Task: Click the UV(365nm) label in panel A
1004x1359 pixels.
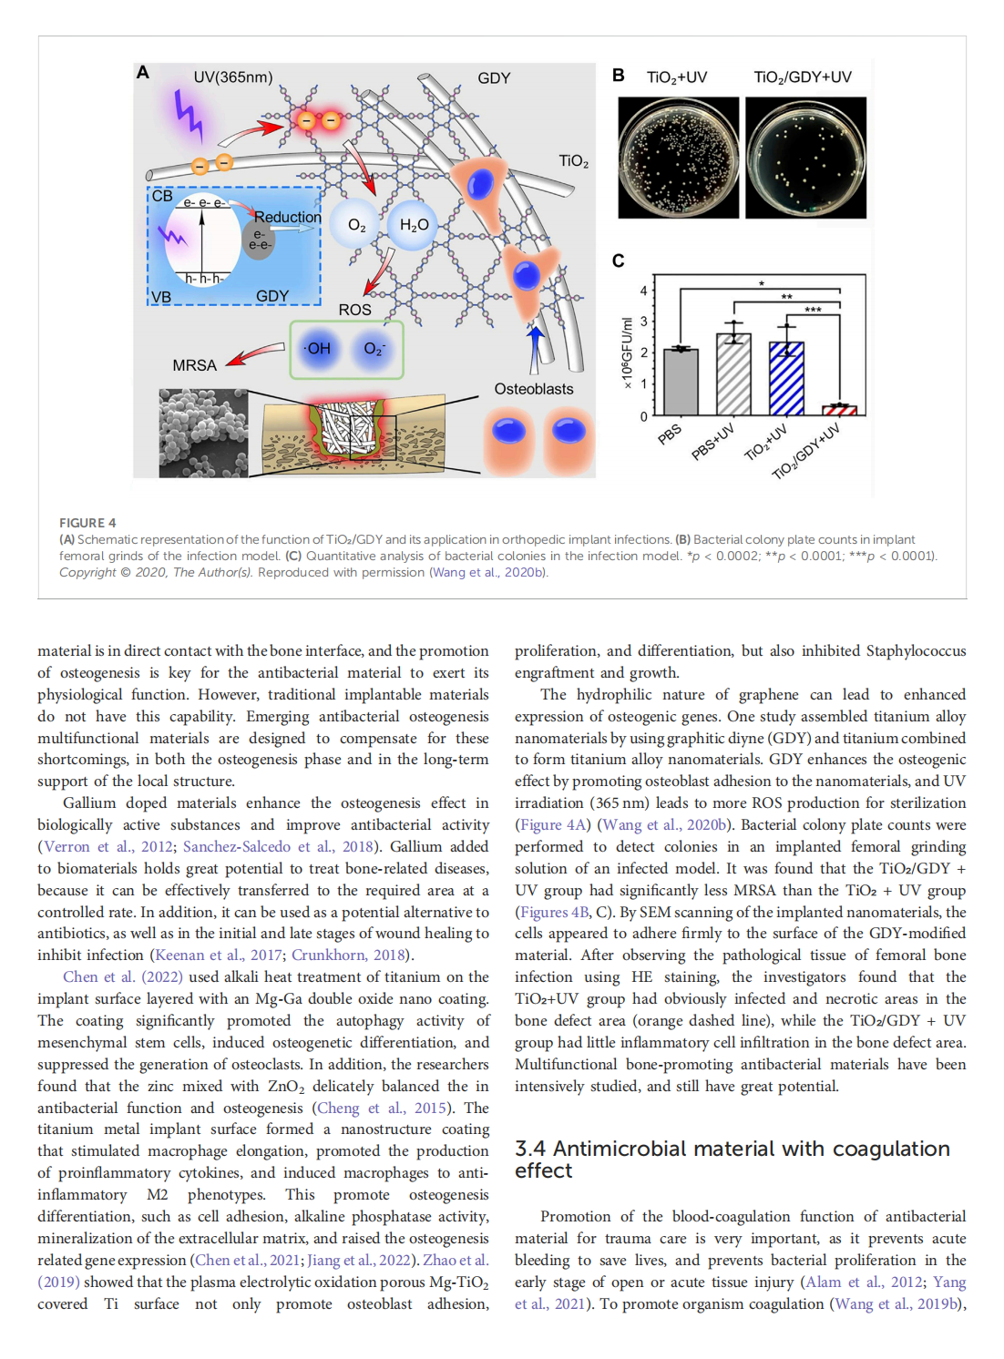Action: click(232, 77)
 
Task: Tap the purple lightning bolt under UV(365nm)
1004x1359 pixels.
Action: click(189, 115)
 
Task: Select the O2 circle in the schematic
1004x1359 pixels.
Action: click(356, 225)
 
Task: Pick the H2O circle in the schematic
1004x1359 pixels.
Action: click(413, 225)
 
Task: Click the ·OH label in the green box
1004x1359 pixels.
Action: click(318, 348)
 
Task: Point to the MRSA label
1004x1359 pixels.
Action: click(194, 365)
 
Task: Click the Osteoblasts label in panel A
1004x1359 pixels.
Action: click(533, 389)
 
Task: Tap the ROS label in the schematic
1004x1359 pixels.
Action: click(354, 310)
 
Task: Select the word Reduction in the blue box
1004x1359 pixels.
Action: click(287, 217)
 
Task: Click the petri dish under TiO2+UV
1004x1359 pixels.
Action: click(678, 158)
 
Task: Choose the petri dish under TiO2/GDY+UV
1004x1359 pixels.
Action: click(805, 158)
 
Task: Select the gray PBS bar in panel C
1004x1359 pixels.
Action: click(681, 383)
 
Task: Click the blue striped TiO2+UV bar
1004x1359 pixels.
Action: click(786, 379)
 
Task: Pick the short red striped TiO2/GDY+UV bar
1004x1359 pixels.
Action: click(840, 410)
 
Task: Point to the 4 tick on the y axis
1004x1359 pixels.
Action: click(644, 291)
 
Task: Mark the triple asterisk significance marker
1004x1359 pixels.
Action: click(813, 311)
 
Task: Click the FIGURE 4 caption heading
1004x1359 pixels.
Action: click(87, 523)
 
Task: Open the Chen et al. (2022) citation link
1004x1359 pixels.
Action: click(122, 976)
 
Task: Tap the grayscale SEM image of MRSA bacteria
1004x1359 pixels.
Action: click(203, 434)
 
